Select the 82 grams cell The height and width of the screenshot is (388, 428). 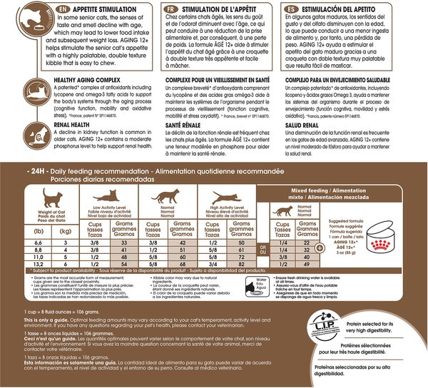244,264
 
